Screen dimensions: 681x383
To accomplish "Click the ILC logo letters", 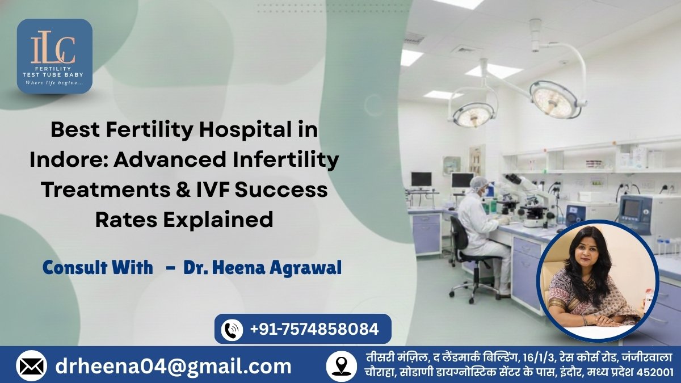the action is tap(53, 50).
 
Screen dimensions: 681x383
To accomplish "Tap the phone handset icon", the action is tap(232, 330).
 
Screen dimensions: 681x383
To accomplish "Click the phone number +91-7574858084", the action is tap(314, 329).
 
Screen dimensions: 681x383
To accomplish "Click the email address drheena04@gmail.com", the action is tap(173, 367).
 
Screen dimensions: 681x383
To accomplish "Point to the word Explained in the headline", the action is tap(218, 220).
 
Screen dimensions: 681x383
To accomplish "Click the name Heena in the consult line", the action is tap(237, 268).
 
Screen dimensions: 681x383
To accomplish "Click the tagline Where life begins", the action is tap(54, 83).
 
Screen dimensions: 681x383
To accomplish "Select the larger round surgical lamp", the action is tap(554, 99).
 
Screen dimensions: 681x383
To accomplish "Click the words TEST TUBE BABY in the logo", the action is tap(53, 74).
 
